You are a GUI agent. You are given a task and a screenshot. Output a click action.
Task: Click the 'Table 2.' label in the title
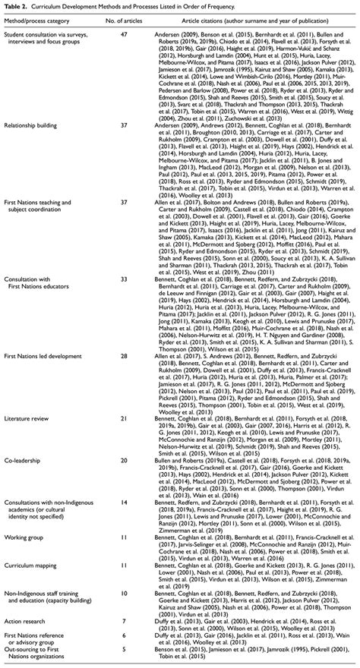[17, 6]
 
